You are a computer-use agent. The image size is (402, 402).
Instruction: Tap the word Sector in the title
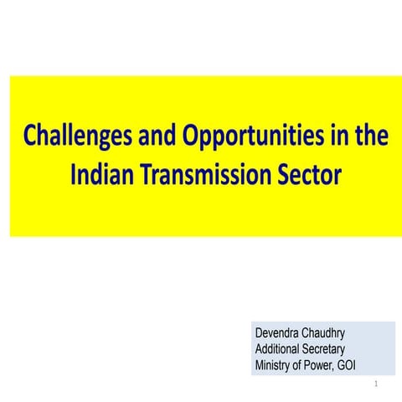[x=309, y=176]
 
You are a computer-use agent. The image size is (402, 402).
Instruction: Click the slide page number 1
[x=378, y=385]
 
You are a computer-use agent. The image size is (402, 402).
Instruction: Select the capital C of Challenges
[x=30, y=137]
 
